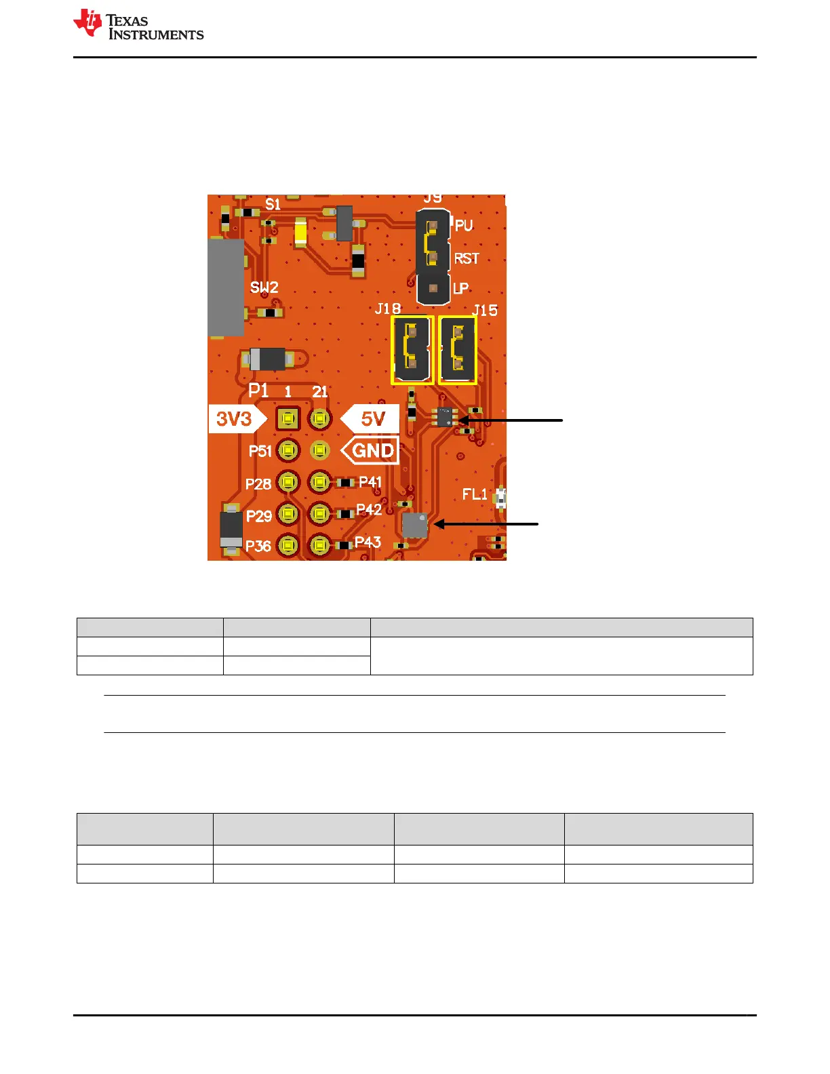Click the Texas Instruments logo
pyautogui.click(x=138, y=25)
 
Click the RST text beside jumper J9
pyautogui.click(x=467, y=258)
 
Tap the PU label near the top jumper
pyautogui.click(x=464, y=226)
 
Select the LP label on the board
pyautogui.click(x=460, y=288)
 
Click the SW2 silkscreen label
pyautogui.click(x=264, y=287)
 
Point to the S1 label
pyautogui.click(x=273, y=204)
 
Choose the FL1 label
pyautogui.click(x=475, y=494)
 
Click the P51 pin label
pyautogui.click(x=260, y=452)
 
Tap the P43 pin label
pyautogui.click(x=368, y=542)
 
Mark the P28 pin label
pyautogui.click(x=258, y=484)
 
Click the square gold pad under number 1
pyautogui.click(x=288, y=419)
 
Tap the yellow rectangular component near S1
pyautogui.click(x=300, y=233)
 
